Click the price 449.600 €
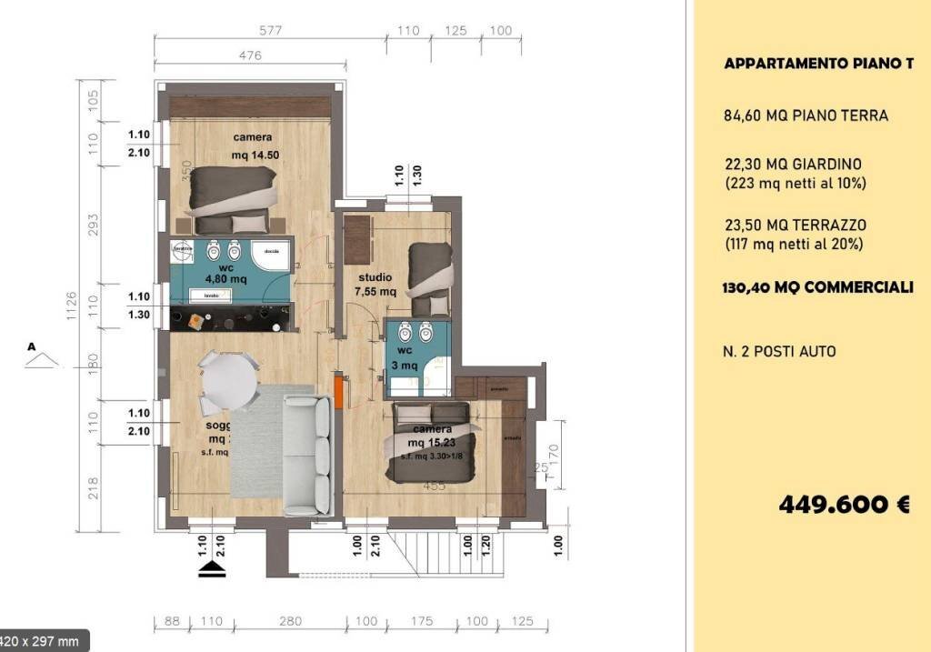pyautogui.click(x=844, y=505)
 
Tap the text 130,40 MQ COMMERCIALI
pyautogui.click(x=818, y=287)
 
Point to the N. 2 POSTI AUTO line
pyautogui.click(x=780, y=351)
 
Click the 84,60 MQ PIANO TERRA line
pyautogui.click(x=806, y=115)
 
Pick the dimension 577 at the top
pyautogui.click(x=270, y=30)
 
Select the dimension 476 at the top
pyautogui.click(x=250, y=55)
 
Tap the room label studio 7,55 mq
pyautogui.click(x=375, y=284)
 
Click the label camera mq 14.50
pyautogui.click(x=252, y=146)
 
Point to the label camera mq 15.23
pyautogui.click(x=433, y=436)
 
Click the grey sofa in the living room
pyautogui.click(x=307, y=455)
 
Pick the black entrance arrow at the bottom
pyautogui.click(x=212, y=569)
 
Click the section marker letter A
pyautogui.click(x=33, y=346)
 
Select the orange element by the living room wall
pyautogui.click(x=337, y=392)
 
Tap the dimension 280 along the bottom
pyautogui.click(x=289, y=621)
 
